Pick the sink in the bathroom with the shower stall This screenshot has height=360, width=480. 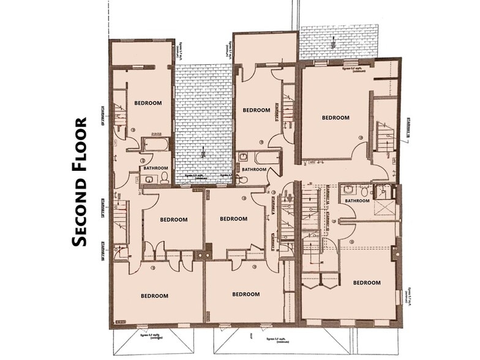348,189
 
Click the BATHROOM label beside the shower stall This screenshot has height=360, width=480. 357,201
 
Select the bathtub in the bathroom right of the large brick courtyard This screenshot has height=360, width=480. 267,157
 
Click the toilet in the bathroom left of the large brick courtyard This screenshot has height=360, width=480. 164,178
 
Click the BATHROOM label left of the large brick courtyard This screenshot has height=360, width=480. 156,168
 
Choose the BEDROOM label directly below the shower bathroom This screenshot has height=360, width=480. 367,283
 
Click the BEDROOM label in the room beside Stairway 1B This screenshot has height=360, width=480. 335,118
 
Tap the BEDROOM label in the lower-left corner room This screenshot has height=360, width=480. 154,296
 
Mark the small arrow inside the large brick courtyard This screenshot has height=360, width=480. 204,152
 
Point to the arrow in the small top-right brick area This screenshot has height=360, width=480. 332,42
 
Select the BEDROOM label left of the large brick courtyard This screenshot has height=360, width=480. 147,103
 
